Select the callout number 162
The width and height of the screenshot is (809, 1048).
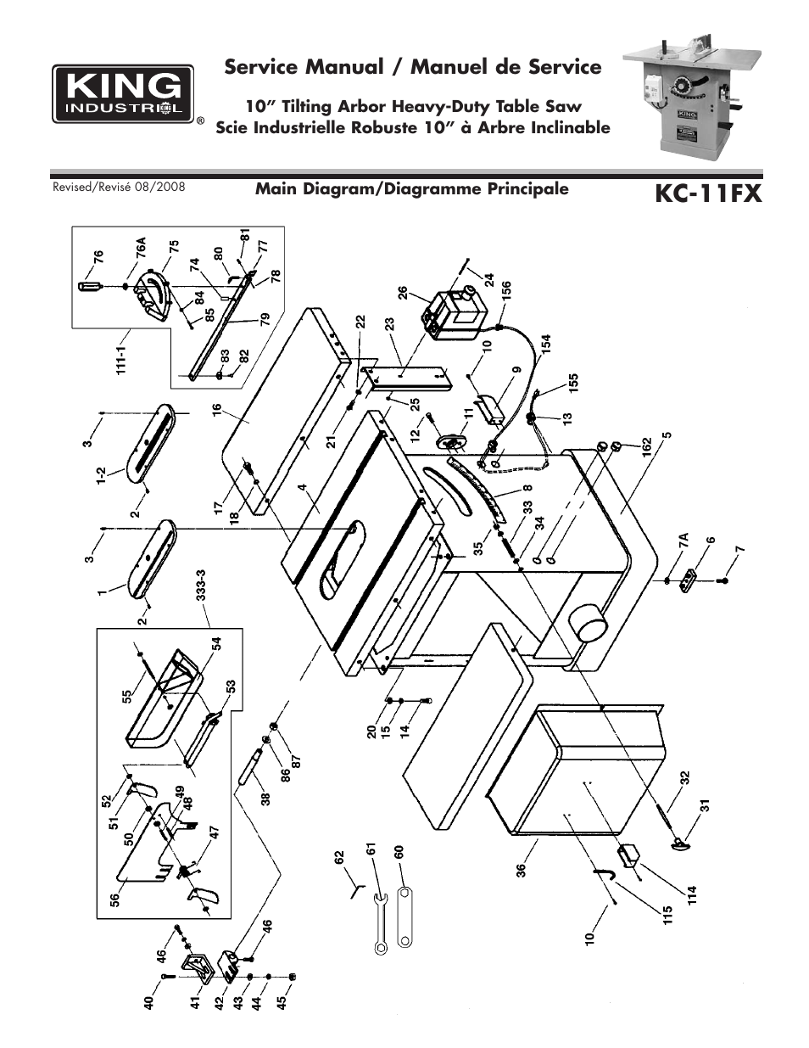click(x=646, y=445)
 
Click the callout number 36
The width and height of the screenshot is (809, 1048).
click(x=522, y=870)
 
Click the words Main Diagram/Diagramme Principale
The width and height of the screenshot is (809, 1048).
click(x=412, y=188)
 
